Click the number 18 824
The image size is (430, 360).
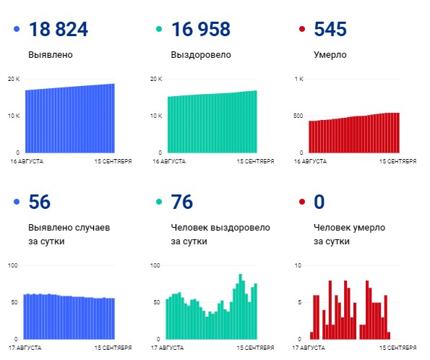58,30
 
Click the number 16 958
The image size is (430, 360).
200,30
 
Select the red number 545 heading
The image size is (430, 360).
330,30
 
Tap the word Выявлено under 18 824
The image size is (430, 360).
50,55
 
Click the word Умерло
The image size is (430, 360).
330,55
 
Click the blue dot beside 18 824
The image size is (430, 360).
17,30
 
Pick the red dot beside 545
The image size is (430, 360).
301,30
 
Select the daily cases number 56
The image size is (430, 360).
40,202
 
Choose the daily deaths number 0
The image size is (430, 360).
319,202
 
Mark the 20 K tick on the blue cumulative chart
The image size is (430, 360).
14,79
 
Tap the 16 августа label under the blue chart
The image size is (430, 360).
27,161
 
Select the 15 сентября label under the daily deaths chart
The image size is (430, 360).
399,348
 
